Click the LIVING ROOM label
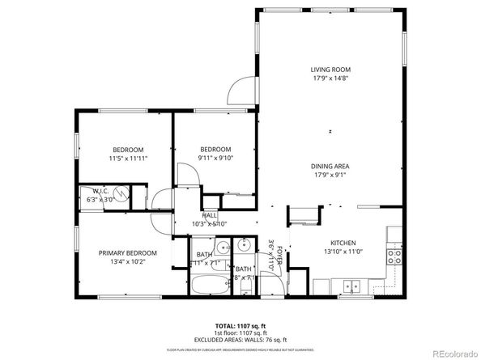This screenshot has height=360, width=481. coord(330,70)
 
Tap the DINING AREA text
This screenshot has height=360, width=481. coord(330,167)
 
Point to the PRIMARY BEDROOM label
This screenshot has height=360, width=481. coord(128,252)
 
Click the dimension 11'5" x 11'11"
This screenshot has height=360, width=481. coord(128,159)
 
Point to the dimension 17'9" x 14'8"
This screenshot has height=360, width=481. coord(330,78)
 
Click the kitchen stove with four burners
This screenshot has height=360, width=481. coord(394,256)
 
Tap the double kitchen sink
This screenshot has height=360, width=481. coord(351,285)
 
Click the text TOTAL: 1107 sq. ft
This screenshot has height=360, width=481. coord(240,323)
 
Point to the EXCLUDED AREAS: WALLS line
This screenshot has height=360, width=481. coord(240,340)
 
